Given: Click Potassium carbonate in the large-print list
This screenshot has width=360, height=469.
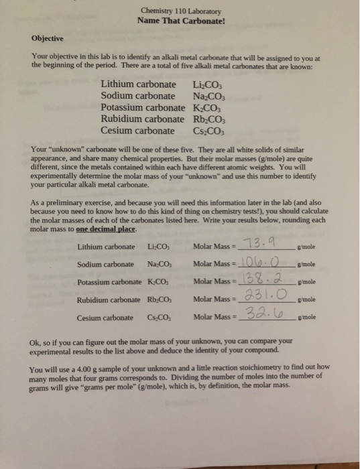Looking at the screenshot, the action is [x=142, y=108].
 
